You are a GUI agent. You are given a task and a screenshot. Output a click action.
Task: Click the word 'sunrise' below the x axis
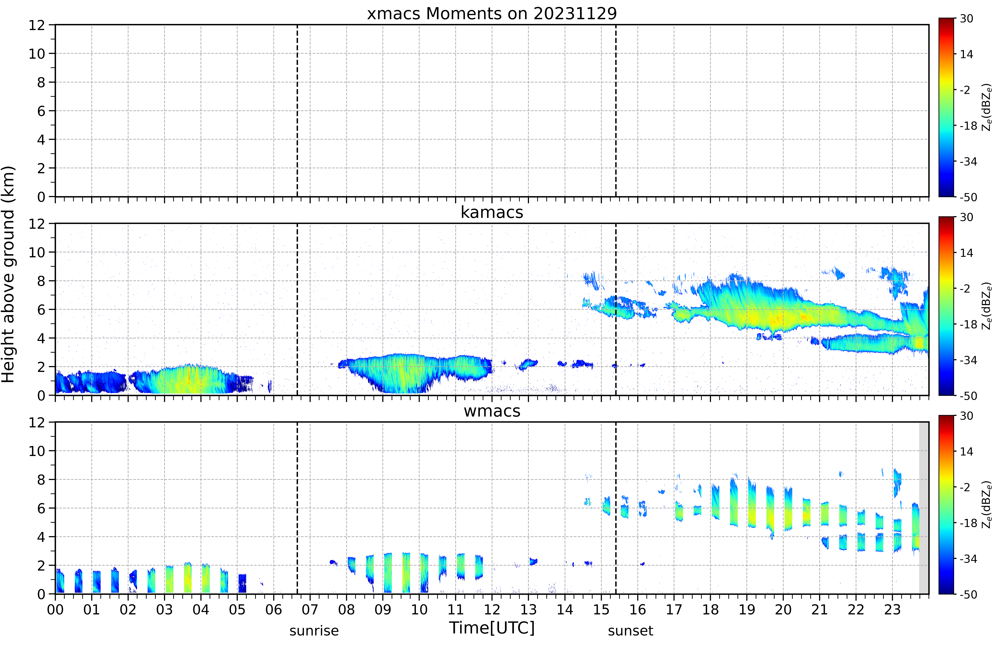tap(314, 631)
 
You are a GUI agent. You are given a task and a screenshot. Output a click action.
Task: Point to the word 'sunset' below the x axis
tap(630, 631)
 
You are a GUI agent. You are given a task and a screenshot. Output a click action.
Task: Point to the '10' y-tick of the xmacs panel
tap(37, 54)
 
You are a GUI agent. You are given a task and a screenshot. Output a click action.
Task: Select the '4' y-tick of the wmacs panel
tap(41, 537)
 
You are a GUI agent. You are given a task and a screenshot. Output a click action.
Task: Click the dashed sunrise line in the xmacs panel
tap(297, 111)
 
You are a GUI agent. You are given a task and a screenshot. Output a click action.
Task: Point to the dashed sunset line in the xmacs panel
tap(616, 111)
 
